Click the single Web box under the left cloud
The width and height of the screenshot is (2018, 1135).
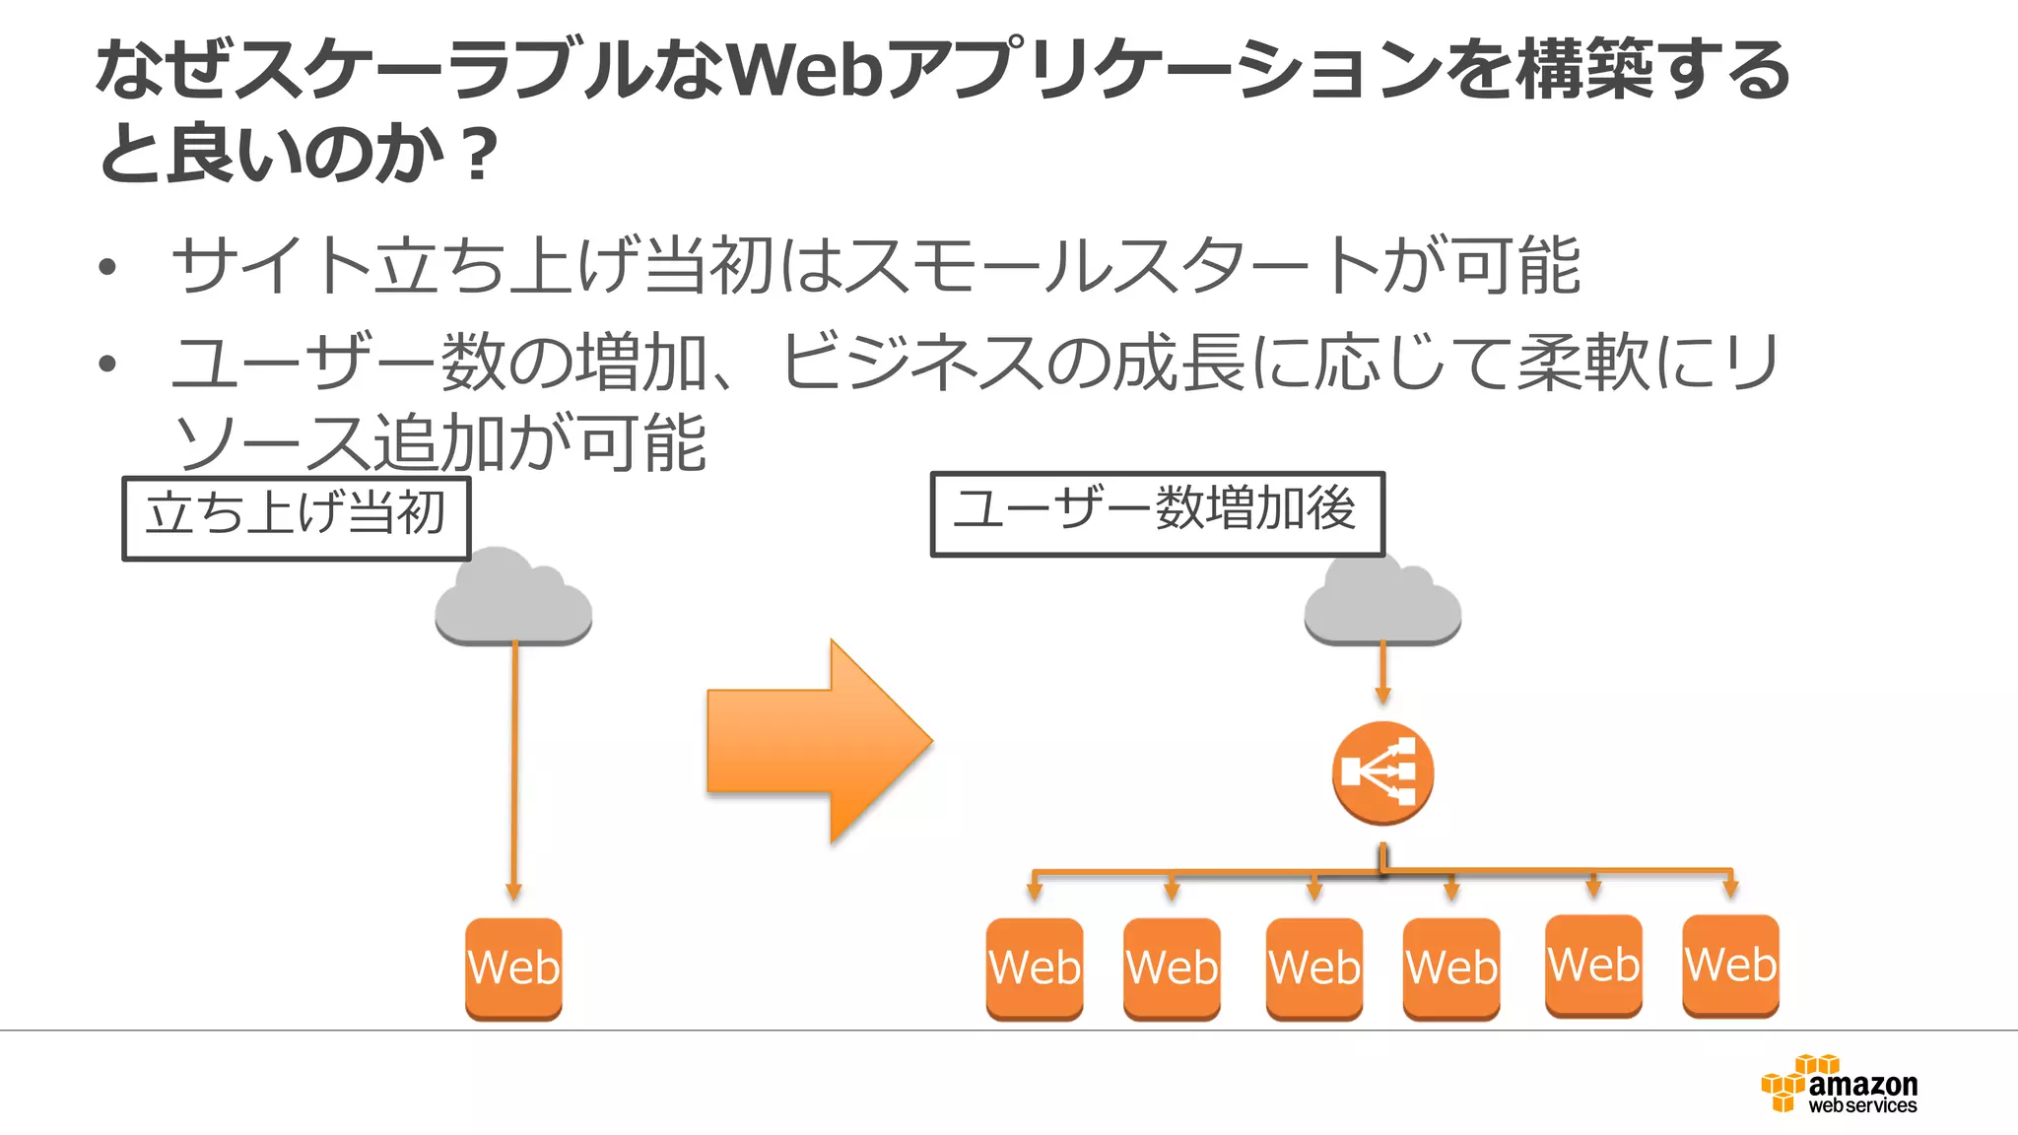pyautogui.click(x=513, y=968)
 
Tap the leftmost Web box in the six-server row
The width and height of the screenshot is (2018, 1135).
pyautogui.click(x=1034, y=968)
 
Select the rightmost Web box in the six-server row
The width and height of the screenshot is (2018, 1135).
pyautogui.click(x=1730, y=965)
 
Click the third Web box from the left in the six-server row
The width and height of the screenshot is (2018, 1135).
pyautogui.click(x=1313, y=968)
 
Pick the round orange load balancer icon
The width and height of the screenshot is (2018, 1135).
pyautogui.click(x=1382, y=772)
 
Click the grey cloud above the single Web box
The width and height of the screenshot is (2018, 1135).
pyautogui.click(x=513, y=601)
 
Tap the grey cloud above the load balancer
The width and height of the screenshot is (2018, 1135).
pyautogui.click(x=1382, y=603)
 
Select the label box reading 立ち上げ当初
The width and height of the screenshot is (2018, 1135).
pyautogui.click(x=296, y=518)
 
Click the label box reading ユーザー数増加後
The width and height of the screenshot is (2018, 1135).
pyautogui.click(x=1157, y=513)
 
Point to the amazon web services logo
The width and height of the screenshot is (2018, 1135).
pyautogui.click(x=1841, y=1086)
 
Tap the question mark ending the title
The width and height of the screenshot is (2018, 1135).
pyautogui.click(x=479, y=155)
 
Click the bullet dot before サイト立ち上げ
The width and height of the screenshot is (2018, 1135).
pyautogui.click(x=107, y=267)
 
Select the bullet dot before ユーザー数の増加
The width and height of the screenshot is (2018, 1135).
pyautogui.click(x=107, y=364)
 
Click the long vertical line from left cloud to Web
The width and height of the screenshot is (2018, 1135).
pyautogui.click(x=513, y=768)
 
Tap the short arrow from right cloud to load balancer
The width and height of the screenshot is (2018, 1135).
pyautogui.click(x=1382, y=672)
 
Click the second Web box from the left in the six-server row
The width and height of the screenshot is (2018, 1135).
pyautogui.click(x=1172, y=968)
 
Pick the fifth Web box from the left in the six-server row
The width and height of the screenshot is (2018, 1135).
pyautogui.click(x=1593, y=965)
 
